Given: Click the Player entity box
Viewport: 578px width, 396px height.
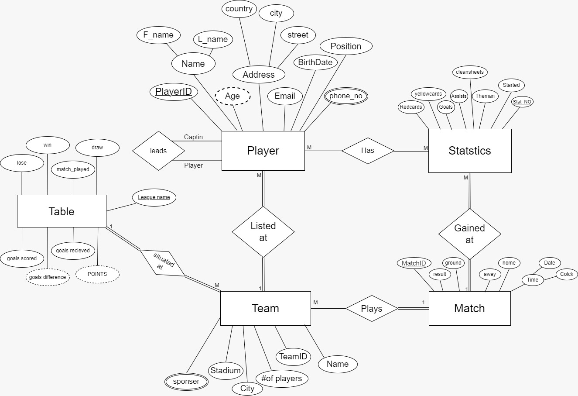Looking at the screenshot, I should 263,151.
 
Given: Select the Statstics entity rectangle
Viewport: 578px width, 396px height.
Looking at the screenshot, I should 469,151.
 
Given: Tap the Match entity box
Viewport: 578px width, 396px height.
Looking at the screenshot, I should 469,308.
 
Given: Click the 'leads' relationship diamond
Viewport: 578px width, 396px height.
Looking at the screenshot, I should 158,151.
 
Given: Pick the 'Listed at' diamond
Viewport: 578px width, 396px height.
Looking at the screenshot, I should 263,232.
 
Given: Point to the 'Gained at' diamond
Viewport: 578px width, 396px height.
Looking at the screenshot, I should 469,234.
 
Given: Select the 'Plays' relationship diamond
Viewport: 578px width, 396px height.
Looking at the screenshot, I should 372,309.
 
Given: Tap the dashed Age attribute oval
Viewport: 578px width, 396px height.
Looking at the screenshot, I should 232,96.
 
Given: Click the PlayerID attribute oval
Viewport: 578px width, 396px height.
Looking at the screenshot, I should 174,92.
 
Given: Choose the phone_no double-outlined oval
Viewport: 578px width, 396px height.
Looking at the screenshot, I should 346,96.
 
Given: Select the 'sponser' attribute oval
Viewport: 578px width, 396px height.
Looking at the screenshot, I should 186,382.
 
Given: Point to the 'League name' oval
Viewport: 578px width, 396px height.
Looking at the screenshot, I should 154,197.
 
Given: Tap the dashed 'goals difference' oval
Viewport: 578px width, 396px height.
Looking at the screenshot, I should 48,277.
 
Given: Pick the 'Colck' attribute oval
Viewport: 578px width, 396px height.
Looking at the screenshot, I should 567,274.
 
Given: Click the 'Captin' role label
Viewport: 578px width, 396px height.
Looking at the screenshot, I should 193,137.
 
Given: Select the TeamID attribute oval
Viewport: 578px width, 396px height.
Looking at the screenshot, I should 293,357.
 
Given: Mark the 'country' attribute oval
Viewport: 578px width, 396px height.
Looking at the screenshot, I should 239,9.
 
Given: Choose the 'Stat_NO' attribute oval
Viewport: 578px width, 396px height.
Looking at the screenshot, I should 522,102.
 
